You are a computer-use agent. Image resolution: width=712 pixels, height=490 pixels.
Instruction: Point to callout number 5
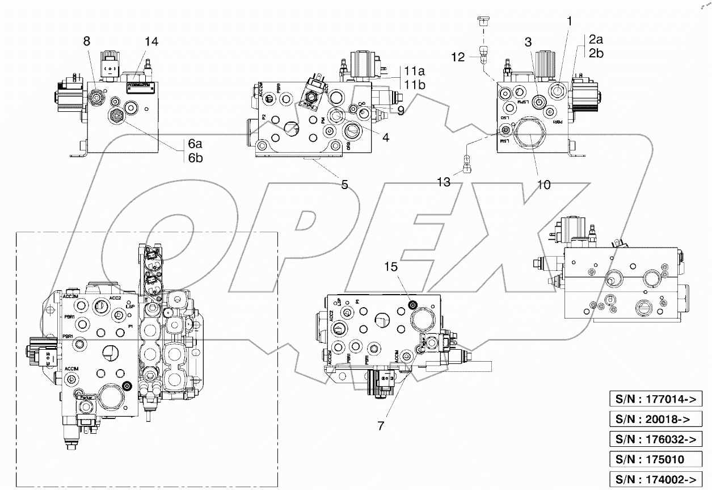click(345, 183)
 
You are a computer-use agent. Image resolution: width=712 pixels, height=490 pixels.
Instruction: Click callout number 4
click(385, 137)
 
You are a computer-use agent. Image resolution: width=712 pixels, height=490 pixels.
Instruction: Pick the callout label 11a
click(415, 72)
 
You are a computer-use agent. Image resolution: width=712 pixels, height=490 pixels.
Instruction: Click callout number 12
click(457, 57)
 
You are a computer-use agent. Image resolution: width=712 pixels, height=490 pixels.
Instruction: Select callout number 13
click(443, 182)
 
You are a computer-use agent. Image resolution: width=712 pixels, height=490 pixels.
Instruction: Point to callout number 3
click(528, 41)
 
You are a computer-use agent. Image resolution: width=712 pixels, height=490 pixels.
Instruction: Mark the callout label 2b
click(596, 53)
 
